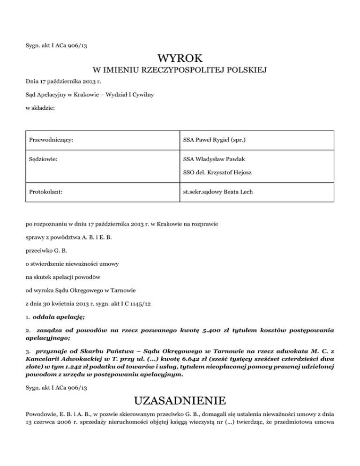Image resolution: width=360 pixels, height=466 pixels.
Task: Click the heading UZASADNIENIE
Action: [x=180, y=401]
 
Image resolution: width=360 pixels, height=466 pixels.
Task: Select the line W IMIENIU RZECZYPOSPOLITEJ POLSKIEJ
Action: [x=180, y=71]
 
